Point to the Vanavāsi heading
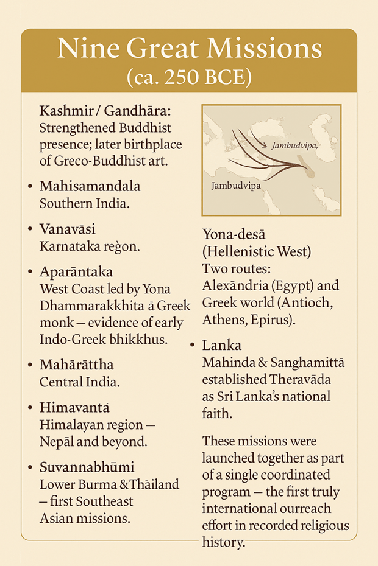pyautogui.click(x=68, y=229)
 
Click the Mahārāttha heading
pyautogui.click(x=76, y=365)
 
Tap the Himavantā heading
pyautogui.click(x=75, y=408)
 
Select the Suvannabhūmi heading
pyautogui.click(x=87, y=467)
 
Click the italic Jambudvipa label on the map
pyautogui.click(x=296, y=146)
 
